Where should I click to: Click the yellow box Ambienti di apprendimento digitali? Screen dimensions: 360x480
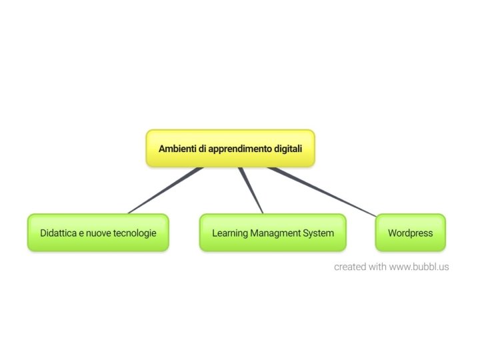coord(230,148)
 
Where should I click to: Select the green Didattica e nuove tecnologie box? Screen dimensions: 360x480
coord(98,233)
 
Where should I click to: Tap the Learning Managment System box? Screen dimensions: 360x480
coord(273,233)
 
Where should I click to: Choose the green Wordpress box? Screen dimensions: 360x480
coord(410,233)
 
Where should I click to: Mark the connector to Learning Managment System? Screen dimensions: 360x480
coord(251,190)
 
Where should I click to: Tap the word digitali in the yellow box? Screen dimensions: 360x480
coord(288,149)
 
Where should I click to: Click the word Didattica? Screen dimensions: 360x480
coord(58,233)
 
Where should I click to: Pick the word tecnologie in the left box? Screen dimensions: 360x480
coord(135,233)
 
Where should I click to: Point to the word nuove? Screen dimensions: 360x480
coord(97,233)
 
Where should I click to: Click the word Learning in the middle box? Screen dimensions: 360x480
coord(229,233)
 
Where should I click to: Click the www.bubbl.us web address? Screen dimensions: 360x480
coord(419,267)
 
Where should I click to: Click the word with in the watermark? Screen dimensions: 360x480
coord(378,267)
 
